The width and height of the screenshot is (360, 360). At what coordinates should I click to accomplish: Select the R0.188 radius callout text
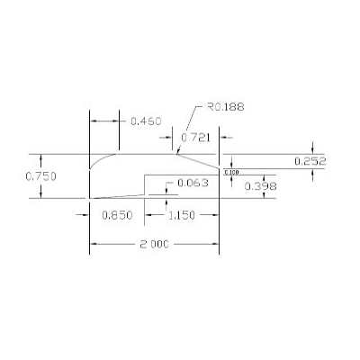(225, 106)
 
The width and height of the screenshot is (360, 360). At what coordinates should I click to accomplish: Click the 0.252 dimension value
(310, 161)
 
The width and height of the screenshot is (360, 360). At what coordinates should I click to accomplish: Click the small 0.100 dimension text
(231, 172)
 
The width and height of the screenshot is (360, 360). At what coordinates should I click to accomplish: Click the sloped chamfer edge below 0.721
(198, 160)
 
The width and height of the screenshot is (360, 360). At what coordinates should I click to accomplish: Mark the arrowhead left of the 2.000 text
(94, 244)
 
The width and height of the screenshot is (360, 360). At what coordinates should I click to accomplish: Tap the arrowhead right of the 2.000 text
(216, 244)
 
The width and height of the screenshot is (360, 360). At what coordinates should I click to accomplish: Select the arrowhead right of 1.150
(216, 215)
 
